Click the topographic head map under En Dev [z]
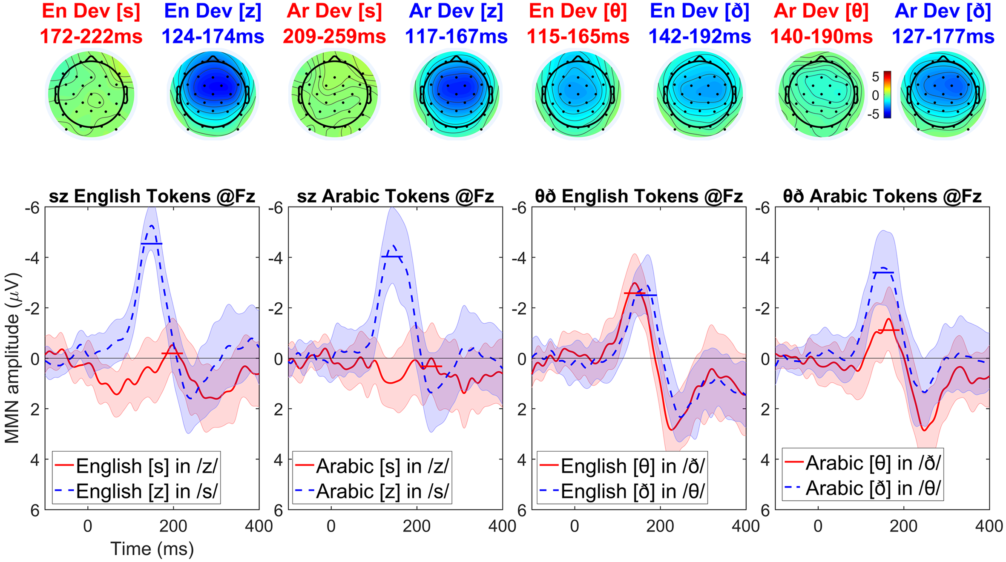point(213,94)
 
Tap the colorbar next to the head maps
point(887,94)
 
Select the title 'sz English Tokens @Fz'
point(152,196)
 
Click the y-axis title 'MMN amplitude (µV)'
point(12,358)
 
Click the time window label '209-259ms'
point(334,36)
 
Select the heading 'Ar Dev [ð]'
point(943,11)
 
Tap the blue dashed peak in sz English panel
point(152,226)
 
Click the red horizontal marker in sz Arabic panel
point(431,366)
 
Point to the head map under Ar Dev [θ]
point(821,94)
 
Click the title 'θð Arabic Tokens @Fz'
point(882,196)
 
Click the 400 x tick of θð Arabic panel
point(989,526)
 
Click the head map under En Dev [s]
point(91,94)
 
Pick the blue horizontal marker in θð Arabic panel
point(883,272)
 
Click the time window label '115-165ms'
point(578,36)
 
